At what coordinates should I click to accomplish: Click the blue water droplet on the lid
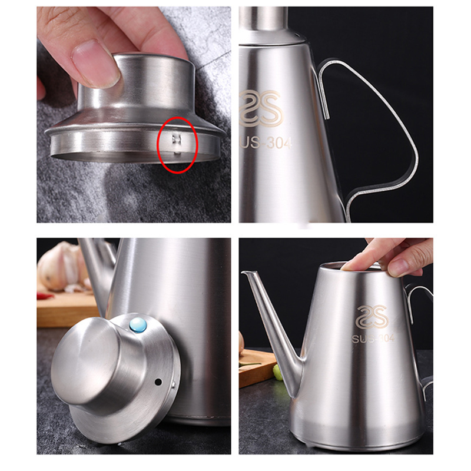tap(138, 326)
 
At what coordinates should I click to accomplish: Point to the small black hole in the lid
tap(158, 382)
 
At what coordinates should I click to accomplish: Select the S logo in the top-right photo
tap(261, 108)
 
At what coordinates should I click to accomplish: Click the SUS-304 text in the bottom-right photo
tap(373, 338)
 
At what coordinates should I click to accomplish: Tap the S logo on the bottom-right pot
tap(372, 317)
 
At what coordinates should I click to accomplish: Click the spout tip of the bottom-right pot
tap(243, 272)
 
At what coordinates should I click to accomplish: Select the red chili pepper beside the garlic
tap(45, 296)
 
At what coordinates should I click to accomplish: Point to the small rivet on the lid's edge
tap(174, 384)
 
